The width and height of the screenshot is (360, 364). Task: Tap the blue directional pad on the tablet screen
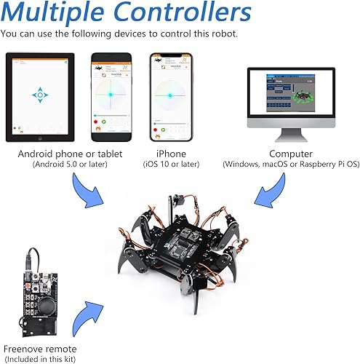tap(41, 95)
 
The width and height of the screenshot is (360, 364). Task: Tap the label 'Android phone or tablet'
tap(70, 154)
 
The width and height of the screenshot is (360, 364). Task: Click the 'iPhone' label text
tap(171, 154)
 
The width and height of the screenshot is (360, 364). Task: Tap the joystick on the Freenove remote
tap(52, 298)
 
